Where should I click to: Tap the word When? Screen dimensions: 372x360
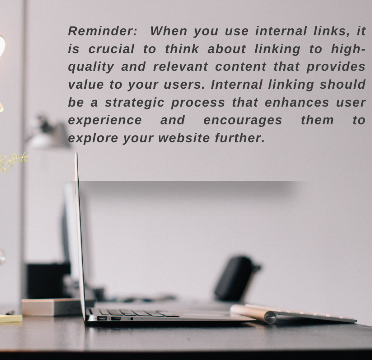tap(169, 31)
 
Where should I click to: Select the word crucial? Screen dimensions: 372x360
tap(111, 49)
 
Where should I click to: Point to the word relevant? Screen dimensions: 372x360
tap(180, 67)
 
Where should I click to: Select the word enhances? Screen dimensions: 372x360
tap(297, 102)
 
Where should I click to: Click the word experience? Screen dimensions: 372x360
tap(105, 121)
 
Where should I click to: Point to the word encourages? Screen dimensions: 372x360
tap(243, 121)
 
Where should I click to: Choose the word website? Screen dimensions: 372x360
tap(184, 138)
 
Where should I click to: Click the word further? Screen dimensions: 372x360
tap(240, 138)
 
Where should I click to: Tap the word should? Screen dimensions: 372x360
tap(343, 85)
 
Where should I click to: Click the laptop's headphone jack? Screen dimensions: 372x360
tap(132, 319)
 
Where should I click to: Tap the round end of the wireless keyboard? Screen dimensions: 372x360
tap(270, 317)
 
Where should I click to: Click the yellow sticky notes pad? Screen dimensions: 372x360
tap(11, 318)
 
